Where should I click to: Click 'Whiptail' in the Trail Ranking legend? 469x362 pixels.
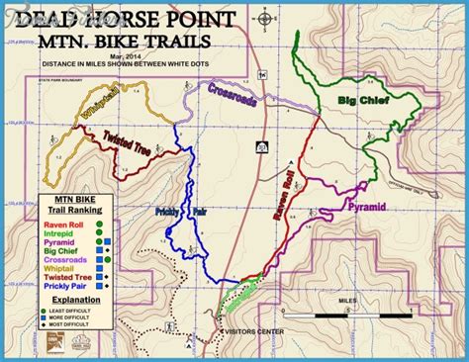tap(61, 270)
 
